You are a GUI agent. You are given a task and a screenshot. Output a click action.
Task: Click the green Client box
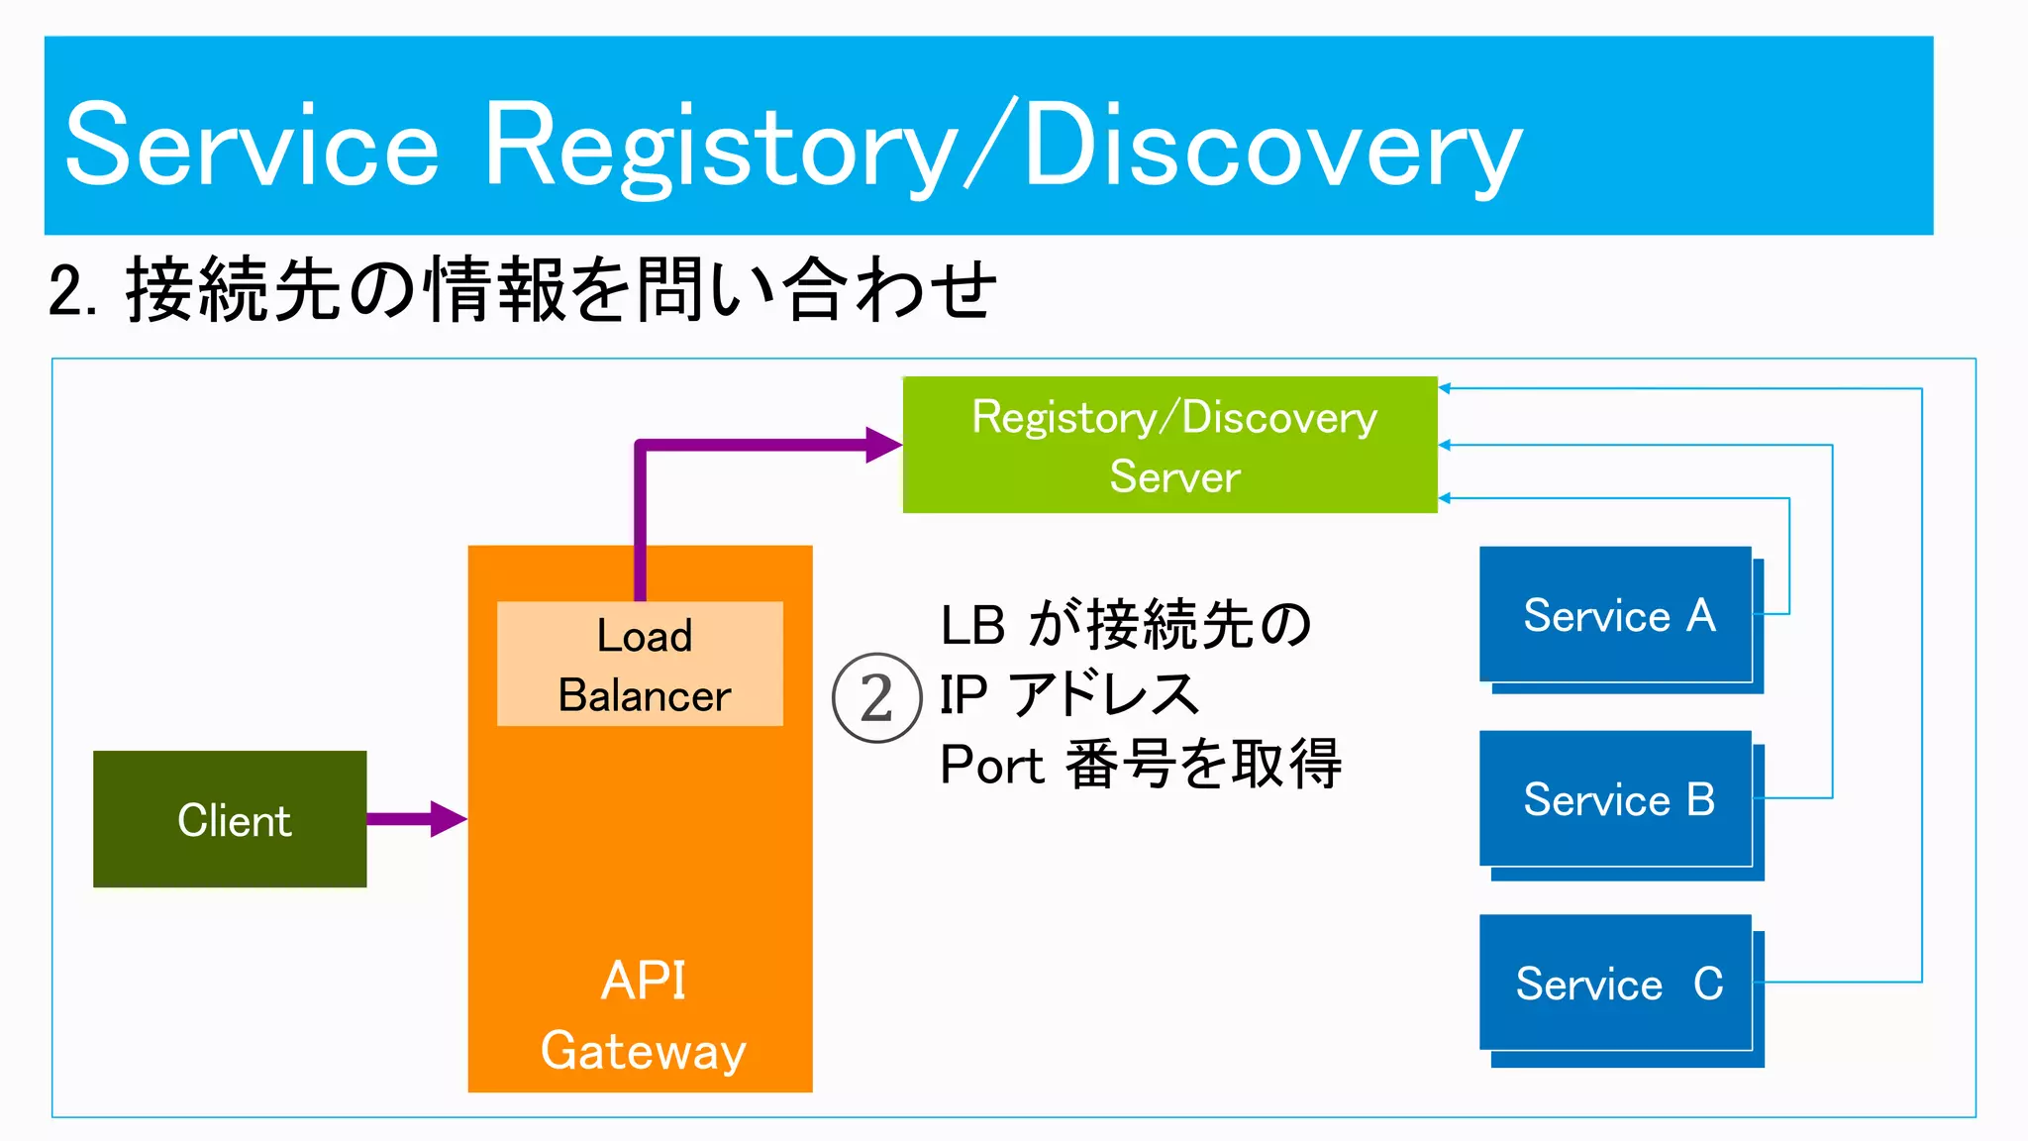(x=230, y=819)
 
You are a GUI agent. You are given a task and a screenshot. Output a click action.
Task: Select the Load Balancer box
(x=640, y=664)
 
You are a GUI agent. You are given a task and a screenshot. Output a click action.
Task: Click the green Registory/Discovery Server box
(x=1169, y=445)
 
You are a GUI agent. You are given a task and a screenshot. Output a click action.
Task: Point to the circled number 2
(x=876, y=698)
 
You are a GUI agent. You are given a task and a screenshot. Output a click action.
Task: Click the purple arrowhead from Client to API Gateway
(x=449, y=819)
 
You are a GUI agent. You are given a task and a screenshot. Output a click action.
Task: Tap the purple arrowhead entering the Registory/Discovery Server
(x=883, y=445)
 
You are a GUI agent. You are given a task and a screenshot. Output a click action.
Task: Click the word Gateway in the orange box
(x=643, y=1052)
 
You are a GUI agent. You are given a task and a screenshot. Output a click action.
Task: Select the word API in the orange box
(x=643, y=982)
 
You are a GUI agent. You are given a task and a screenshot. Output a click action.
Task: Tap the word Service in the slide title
(x=252, y=147)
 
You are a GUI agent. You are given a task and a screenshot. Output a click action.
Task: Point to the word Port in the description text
(x=992, y=765)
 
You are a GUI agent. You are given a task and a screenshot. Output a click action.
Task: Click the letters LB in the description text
(x=972, y=626)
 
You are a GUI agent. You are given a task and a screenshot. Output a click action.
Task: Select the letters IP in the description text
(x=963, y=694)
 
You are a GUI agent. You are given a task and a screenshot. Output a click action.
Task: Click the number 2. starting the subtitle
(x=71, y=292)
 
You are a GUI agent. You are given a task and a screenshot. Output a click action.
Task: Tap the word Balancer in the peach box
(x=644, y=695)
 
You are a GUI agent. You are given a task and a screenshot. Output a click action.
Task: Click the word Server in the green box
(x=1174, y=477)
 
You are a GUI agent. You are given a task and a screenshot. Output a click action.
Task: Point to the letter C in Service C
(x=1708, y=983)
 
